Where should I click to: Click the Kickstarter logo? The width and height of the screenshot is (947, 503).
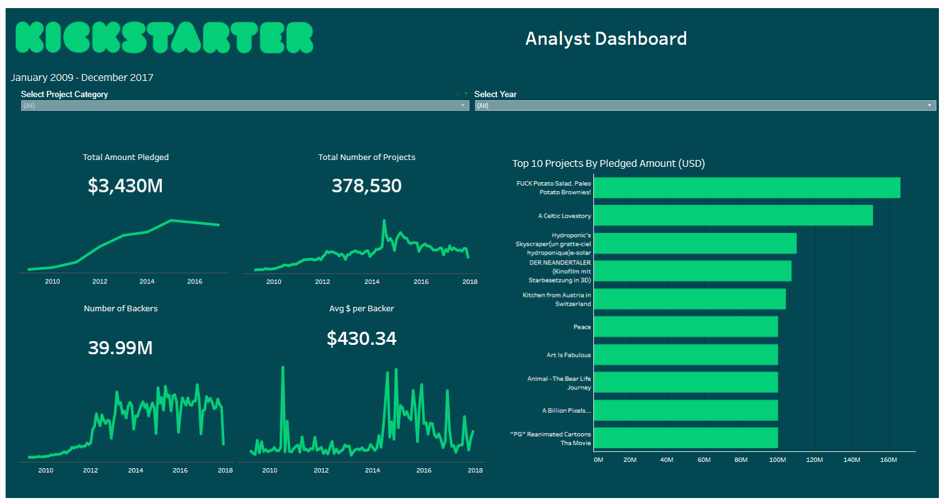(164, 37)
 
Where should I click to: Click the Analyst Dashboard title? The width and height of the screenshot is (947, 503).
(606, 39)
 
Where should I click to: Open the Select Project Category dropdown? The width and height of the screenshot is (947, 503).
(245, 106)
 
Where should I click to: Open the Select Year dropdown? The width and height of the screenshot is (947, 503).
(705, 106)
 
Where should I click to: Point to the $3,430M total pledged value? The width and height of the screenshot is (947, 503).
(125, 186)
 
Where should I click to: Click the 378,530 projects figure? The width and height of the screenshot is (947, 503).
(366, 186)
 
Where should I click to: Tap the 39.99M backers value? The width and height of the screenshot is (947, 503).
(120, 347)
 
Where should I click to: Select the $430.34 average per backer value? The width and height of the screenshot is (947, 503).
(361, 338)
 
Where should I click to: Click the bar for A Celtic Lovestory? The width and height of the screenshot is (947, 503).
(733, 215)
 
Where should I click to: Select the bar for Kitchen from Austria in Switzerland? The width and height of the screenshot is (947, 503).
(689, 299)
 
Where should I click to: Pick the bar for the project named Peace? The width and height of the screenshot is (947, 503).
(686, 327)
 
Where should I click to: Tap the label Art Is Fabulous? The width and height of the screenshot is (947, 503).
(568, 355)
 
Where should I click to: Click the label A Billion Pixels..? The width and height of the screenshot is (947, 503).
(567, 410)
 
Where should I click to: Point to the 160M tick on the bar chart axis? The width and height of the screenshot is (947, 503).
(888, 460)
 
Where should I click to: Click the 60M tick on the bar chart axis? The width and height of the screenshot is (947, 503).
(704, 460)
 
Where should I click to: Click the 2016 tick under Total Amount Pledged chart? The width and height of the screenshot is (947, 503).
(195, 281)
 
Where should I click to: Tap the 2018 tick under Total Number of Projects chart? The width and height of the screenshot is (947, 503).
(469, 281)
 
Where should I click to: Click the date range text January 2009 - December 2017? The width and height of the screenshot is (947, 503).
(82, 77)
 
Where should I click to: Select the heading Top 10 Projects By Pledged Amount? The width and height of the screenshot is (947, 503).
(608, 163)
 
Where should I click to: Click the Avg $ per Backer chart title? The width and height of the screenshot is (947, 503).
(361, 308)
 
